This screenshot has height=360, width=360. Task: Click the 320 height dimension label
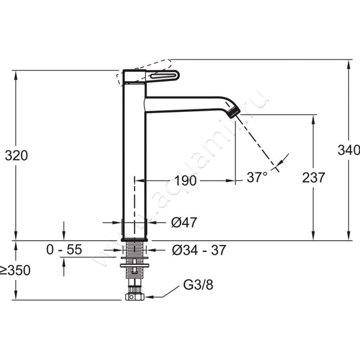[16, 155]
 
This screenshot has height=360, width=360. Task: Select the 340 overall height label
[348, 150]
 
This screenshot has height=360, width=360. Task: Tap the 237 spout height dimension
[313, 177]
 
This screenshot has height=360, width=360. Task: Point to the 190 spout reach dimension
[185, 180]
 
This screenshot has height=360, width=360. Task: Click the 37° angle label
[257, 177]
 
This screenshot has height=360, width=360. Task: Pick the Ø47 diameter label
[184, 222]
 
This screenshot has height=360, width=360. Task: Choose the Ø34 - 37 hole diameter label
[199, 250]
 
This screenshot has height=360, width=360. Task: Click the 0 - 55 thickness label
[64, 249]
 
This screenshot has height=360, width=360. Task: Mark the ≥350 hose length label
[15, 270]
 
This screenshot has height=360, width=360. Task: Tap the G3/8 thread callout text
[198, 285]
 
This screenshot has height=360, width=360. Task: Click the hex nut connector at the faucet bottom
[135, 297]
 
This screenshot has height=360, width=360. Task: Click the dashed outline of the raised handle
[144, 72]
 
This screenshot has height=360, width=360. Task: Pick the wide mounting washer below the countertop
[135, 265]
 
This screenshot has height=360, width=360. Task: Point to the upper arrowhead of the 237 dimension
[313, 119]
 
